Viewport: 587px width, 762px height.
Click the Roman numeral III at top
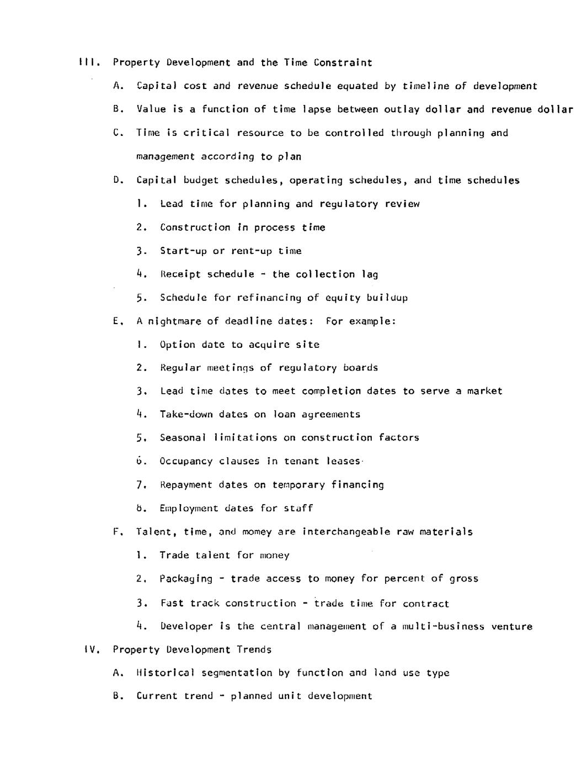point(88,62)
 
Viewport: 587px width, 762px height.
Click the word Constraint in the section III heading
point(343,62)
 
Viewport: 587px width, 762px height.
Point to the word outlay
point(401,109)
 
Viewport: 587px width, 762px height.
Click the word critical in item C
point(206,133)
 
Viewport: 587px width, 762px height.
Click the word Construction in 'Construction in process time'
point(195,227)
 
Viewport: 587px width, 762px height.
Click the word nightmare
point(174,321)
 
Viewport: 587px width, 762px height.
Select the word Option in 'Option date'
point(177,345)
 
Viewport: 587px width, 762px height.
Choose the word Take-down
point(186,414)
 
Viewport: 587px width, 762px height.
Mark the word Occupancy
point(186,461)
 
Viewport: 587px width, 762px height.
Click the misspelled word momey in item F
point(257,532)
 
